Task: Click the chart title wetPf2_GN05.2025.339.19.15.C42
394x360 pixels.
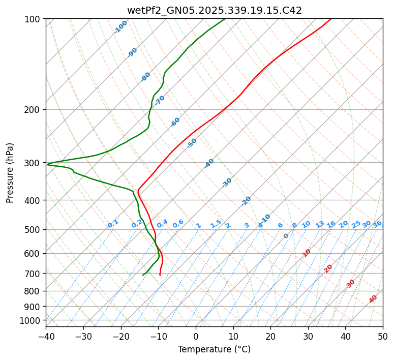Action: [214, 10]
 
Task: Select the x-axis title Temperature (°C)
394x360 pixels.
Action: [214, 349]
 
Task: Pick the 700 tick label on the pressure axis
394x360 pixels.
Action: [34, 274]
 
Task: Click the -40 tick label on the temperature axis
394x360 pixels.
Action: [46, 336]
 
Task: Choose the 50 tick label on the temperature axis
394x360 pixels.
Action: [383, 336]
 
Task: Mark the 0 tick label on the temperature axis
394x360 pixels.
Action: [196, 336]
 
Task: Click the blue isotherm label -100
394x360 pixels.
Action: [121, 27]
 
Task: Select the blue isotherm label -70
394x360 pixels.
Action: [160, 100]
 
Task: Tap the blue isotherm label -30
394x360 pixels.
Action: [227, 183]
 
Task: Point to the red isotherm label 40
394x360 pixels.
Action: [373, 299]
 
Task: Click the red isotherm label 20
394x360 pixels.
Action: [328, 268]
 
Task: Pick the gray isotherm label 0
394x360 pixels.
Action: [286, 236]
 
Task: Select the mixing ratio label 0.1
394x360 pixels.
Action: [113, 223]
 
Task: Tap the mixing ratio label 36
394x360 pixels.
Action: [377, 224]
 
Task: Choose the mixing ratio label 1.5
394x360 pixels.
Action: [216, 223]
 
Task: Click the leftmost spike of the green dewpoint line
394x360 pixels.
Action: [47, 164]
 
